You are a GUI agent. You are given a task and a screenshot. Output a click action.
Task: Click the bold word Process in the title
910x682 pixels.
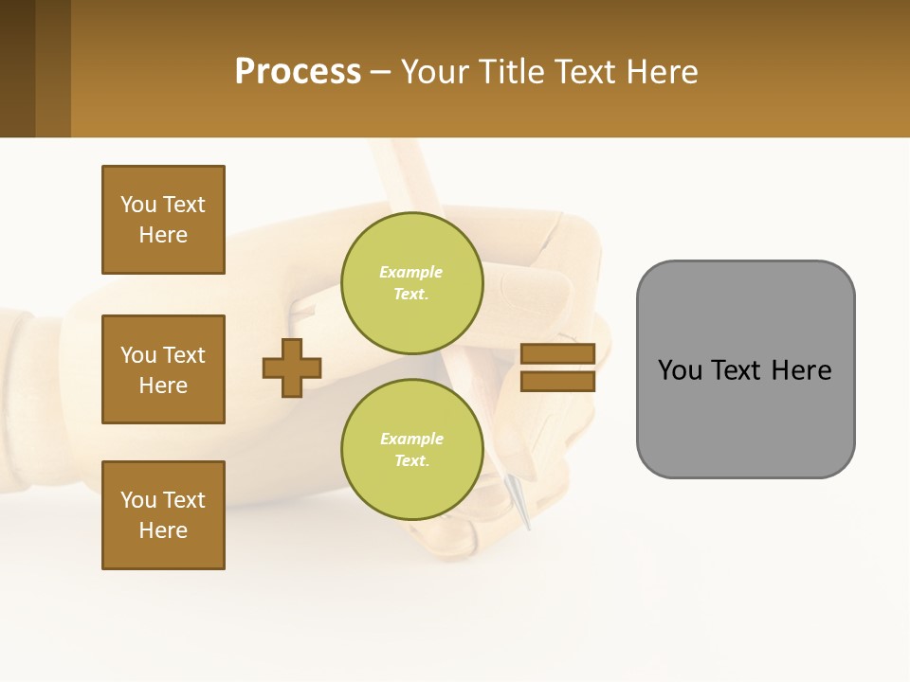point(298,71)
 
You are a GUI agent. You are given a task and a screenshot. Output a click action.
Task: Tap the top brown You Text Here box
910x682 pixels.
point(163,220)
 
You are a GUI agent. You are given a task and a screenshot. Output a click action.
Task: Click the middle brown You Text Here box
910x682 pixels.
point(163,369)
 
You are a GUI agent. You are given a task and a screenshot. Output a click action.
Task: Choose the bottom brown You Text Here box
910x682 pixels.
point(163,515)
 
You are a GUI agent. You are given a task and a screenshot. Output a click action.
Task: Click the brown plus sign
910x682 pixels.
point(292,368)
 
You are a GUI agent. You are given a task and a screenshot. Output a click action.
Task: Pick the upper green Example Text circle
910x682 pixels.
point(411,282)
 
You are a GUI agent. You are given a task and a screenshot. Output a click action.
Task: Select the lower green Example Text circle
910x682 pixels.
point(411,449)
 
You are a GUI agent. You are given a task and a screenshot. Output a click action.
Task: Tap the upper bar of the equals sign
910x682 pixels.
point(557,353)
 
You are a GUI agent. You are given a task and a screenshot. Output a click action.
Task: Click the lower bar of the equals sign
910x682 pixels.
point(557,381)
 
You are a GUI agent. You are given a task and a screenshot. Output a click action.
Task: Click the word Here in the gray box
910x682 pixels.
point(801,370)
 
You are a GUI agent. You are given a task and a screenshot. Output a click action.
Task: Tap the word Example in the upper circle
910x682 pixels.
point(411,272)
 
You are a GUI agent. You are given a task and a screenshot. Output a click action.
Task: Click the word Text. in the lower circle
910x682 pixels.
point(411,461)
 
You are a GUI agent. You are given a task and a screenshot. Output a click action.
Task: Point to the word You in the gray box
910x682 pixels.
point(680,370)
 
